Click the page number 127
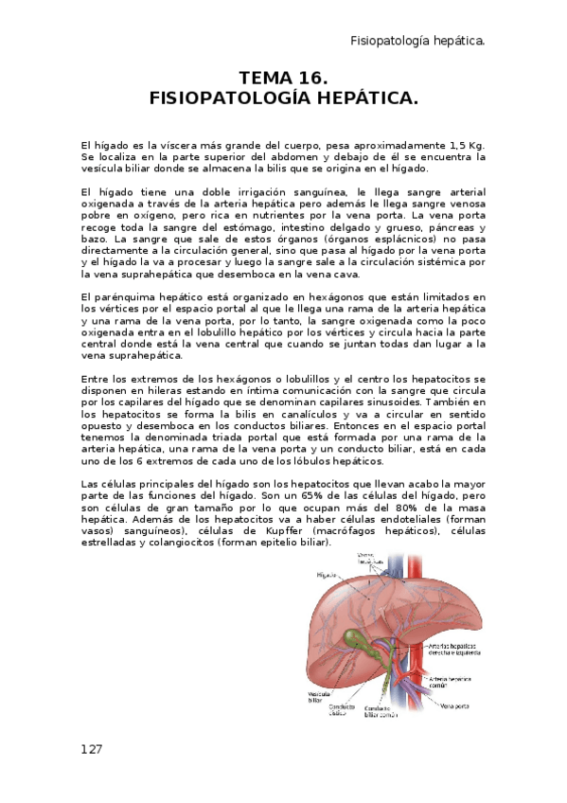[x=91, y=748]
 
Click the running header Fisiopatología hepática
[x=418, y=41]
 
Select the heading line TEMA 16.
[x=283, y=78]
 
